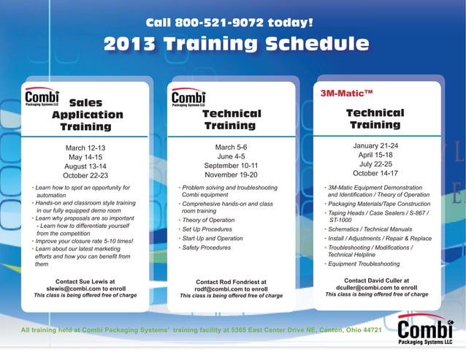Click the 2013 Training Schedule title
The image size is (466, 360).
[236, 45]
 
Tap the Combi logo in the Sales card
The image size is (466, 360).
[42, 99]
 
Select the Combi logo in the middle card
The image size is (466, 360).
[188, 99]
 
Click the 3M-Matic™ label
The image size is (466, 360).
[348, 93]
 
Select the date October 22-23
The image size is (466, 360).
[85, 175]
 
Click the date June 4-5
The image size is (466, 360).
[231, 156]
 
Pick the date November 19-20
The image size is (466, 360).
[231, 175]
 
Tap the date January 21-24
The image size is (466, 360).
[375, 146]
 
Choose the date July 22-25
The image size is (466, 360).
[375, 164]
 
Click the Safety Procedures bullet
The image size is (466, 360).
[206, 248]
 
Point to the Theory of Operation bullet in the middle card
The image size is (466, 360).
[208, 220]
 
